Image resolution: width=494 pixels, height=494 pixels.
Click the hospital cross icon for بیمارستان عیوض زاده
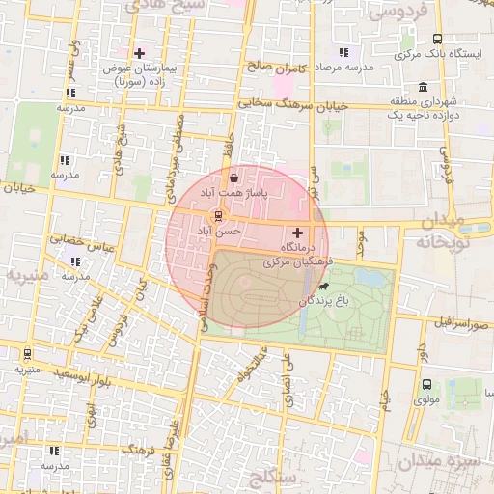pos(140,53)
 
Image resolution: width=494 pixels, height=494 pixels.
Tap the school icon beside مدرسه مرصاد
pos(344,53)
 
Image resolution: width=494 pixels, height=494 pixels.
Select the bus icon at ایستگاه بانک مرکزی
pos(438,40)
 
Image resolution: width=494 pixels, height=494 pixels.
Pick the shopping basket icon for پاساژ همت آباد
pos(235,177)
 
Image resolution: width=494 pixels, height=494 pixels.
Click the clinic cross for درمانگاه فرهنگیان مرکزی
pos(296,233)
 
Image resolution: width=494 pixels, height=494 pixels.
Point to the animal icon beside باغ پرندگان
pos(324,288)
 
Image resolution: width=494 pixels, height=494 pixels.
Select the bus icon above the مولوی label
pos(426,382)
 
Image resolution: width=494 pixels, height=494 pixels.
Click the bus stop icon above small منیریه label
pos(26,354)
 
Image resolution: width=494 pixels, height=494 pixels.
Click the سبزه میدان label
pos(443,467)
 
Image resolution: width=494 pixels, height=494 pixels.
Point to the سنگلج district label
pos(274,477)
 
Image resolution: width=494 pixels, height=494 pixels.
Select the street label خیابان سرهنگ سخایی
pos(298,102)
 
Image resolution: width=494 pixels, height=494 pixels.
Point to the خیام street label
pos(387,399)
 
